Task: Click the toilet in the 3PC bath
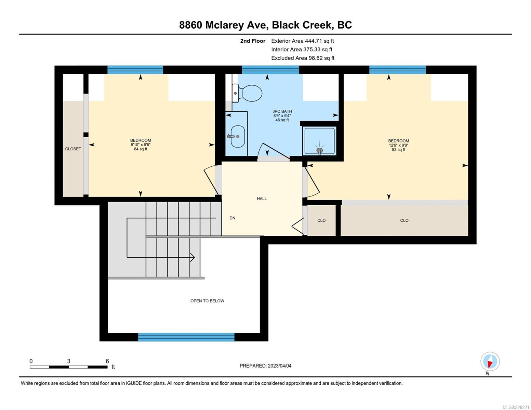[x=247, y=93]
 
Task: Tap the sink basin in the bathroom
[x=238, y=137]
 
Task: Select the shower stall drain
[x=319, y=150]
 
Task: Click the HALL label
[x=262, y=199]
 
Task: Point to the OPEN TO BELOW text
[x=207, y=301]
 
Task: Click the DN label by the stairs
[x=233, y=218]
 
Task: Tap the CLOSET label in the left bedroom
[x=73, y=149]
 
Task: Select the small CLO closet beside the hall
[x=321, y=220]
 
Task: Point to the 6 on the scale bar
[x=107, y=361]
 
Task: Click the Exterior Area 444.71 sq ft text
[x=303, y=41]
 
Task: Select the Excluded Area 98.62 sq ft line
[x=303, y=58]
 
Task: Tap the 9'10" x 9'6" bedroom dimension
[x=141, y=145]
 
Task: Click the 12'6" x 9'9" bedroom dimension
[x=399, y=145]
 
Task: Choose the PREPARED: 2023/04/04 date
[x=265, y=366]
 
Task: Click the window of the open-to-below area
[x=186, y=337]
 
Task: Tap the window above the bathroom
[x=270, y=70]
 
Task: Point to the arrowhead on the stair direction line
[x=193, y=257]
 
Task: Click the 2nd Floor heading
[x=253, y=41]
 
